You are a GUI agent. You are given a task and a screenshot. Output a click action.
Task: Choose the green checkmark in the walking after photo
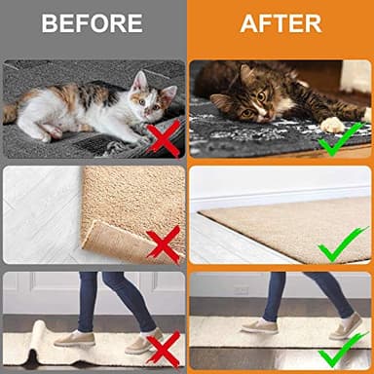344,346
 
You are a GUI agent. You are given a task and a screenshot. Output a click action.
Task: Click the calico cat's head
149,95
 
